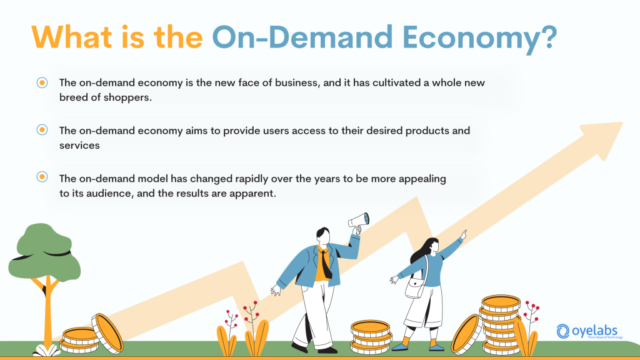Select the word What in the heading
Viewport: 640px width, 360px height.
(72, 37)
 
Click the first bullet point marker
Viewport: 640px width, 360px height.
(42, 83)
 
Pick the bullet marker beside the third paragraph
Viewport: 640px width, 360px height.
(42, 177)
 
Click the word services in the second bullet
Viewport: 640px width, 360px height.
(79, 146)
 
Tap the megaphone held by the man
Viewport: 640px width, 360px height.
(359, 221)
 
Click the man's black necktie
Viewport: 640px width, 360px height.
(326, 265)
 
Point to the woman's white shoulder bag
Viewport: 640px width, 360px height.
(415, 289)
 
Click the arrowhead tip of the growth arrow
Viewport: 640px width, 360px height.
(622, 122)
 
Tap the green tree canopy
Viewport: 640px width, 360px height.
(44, 250)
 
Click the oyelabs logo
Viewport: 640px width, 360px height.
(589, 331)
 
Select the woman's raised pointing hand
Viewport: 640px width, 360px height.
(463, 234)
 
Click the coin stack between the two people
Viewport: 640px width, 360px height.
(371, 337)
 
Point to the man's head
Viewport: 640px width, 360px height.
(322, 236)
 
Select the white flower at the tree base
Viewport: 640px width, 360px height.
(46, 350)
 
